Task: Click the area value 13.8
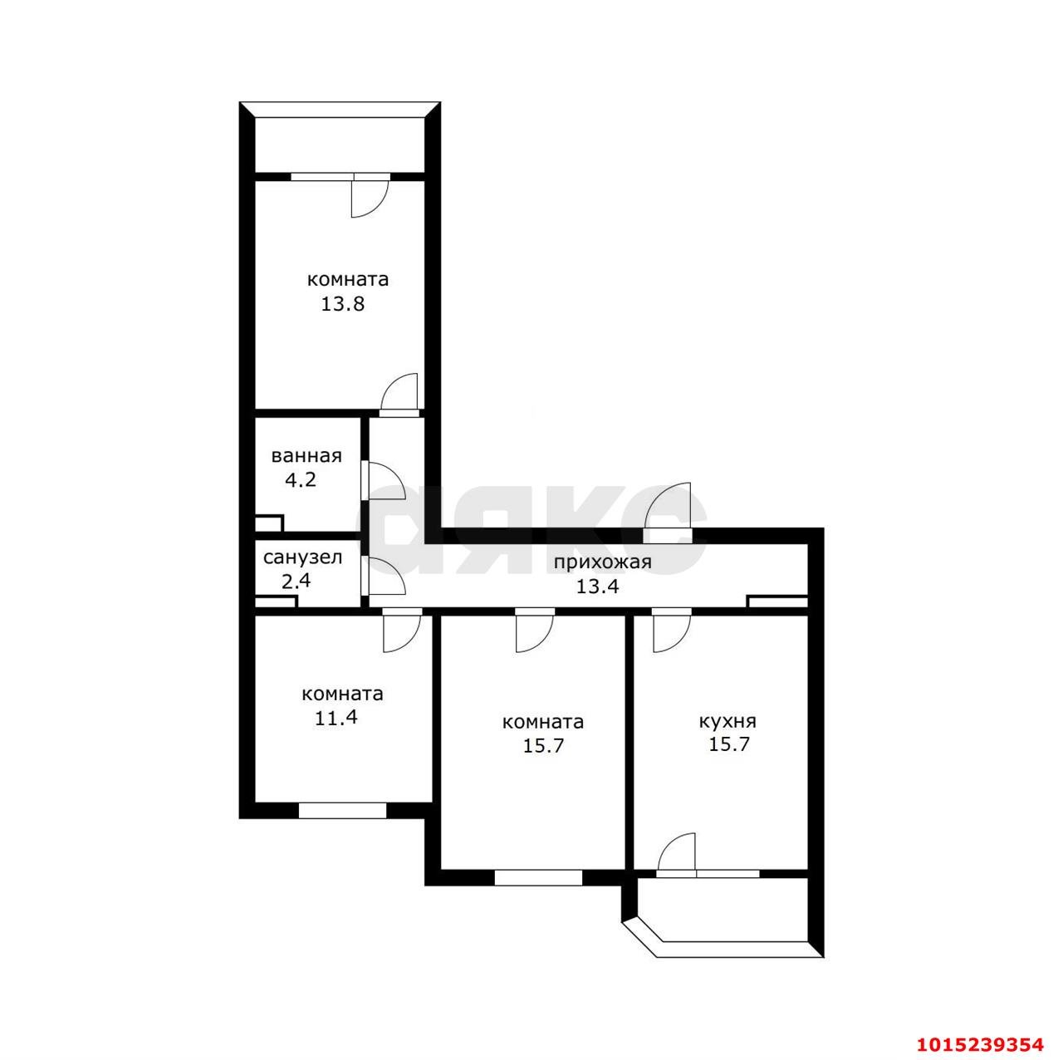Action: tap(342, 304)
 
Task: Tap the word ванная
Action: tap(306, 456)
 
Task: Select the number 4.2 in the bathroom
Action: tap(300, 479)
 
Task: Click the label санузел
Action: tap(302, 557)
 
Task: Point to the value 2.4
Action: tap(296, 581)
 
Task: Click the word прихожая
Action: tap(602, 563)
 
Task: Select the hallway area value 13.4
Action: tap(597, 586)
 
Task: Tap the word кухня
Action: tap(727, 721)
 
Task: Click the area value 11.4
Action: tap(336, 718)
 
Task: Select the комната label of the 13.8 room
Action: tap(347, 280)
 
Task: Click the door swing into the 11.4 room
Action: tap(402, 633)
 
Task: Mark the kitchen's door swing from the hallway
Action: tap(672, 633)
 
